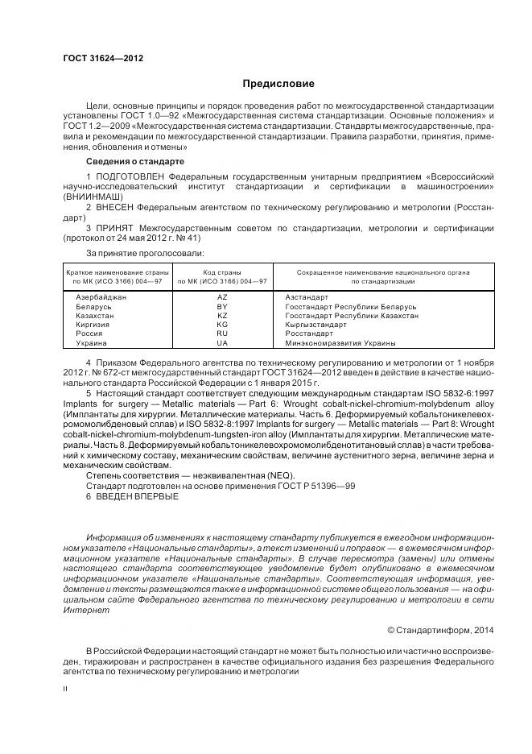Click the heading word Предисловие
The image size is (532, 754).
[278, 84]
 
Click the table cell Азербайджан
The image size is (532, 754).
[101, 297]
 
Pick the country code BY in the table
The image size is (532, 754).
[223, 307]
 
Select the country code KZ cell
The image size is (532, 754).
[223, 316]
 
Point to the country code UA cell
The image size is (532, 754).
[223, 342]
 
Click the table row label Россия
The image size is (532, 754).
[89, 333]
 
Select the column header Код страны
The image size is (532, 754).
[223, 271]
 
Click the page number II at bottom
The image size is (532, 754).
[65, 689]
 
